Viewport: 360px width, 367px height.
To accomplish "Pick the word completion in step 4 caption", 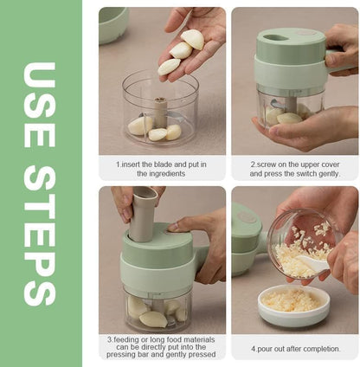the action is [320, 349].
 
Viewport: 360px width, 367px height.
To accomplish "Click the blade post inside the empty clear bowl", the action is [160, 113].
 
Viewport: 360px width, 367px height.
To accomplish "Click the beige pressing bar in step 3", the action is [144, 214].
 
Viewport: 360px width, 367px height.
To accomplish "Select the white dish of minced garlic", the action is [293, 305].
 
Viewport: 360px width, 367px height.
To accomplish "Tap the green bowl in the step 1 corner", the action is [113, 25].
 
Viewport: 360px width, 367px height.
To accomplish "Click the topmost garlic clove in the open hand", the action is [193, 39].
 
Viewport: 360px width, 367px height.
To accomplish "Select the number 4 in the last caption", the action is [254, 349].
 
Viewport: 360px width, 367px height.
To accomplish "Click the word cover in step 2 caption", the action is [331, 164].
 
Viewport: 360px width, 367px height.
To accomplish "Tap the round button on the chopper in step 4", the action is [247, 217].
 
